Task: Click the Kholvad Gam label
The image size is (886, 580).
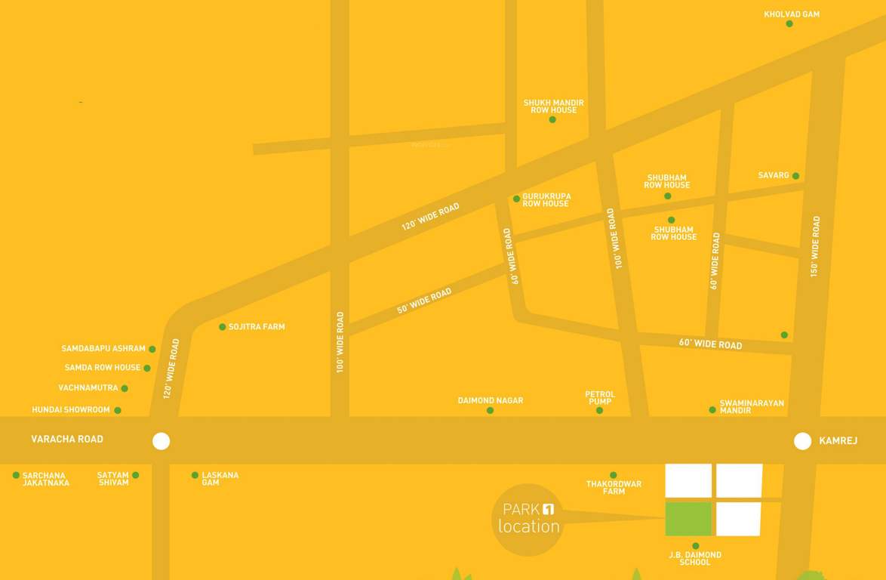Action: tap(791, 14)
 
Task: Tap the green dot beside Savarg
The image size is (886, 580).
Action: tap(795, 176)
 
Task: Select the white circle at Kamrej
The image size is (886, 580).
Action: tap(802, 441)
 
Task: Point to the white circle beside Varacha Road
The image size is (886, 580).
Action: tap(162, 441)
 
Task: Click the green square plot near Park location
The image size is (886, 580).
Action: tap(688, 519)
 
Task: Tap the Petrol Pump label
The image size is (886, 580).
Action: tap(600, 397)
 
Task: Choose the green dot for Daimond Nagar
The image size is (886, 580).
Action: tap(490, 411)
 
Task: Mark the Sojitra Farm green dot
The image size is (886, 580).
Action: tap(223, 327)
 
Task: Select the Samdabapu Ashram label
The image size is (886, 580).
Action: tap(103, 349)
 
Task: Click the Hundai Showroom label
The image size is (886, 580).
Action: tap(71, 410)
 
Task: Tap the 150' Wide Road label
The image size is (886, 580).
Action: tap(815, 246)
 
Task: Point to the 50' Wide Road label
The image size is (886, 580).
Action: tap(424, 301)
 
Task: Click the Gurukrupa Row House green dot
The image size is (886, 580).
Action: tap(517, 199)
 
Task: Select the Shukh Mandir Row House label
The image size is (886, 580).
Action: tap(553, 106)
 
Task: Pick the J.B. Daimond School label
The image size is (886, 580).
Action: tap(695, 559)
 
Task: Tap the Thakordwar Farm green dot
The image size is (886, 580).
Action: tap(614, 475)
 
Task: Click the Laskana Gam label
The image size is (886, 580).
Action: tap(220, 479)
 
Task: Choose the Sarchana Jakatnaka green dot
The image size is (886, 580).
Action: tap(16, 475)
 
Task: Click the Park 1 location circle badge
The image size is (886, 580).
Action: tap(528, 520)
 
